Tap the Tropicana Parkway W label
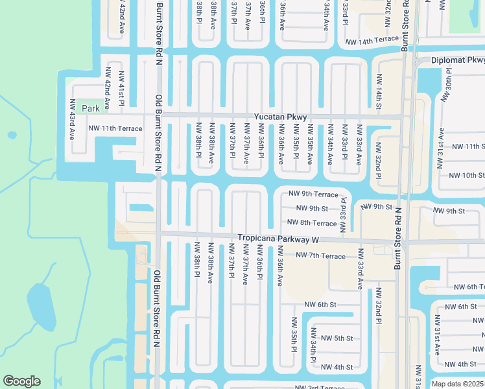279,239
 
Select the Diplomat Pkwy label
458,60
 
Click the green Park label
91,109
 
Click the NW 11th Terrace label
115,128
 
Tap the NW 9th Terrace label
314,194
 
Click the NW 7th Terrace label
321,256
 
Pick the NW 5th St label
336,338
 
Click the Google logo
21,381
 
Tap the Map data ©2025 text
457,384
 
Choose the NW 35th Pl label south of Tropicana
294,333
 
